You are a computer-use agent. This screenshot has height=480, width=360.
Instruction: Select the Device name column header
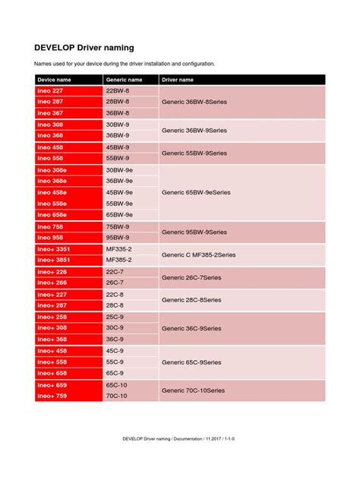point(55,79)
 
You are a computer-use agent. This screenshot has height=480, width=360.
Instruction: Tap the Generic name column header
point(124,79)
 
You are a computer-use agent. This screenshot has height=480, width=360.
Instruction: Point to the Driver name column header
point(178,79)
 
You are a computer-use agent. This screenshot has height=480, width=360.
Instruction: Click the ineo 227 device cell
point(50,90)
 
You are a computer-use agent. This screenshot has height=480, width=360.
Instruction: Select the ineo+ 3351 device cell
point(54,248)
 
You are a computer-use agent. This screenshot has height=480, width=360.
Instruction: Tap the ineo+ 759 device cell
point(52,396)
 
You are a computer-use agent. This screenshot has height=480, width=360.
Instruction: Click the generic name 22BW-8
point(118,90)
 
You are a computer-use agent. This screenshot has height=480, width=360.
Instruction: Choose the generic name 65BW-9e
point(119,215)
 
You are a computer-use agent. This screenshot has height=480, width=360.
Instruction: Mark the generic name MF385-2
point(119,260)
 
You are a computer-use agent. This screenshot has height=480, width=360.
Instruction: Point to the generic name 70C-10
point(118,396)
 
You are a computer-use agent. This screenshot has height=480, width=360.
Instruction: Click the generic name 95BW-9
point(118,238)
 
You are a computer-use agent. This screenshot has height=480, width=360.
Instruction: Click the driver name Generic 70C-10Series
point(193,390)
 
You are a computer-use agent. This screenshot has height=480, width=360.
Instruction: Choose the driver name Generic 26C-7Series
point(191,277)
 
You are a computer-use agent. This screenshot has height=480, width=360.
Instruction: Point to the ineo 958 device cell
point(50,238)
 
